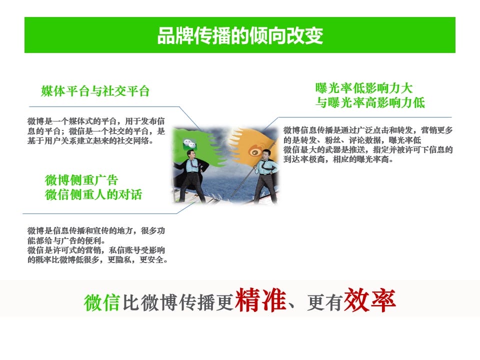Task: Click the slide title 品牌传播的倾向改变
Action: pos(240,35)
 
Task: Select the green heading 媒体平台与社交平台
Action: pos(95,91)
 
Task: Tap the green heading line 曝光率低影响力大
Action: pos(364,88)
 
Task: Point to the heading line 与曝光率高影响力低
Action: pos(370,102)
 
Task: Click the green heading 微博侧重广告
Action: pos(81,180)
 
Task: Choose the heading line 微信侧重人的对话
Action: pos(93,194)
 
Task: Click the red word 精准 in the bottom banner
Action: pos(260,300)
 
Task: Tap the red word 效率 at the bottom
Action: pos(370,300)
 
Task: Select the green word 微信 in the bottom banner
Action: pos(101,302)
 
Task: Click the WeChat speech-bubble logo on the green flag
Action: pos(190,143)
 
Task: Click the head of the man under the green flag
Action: pos(190,154)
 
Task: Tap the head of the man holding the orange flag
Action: pos(265,155)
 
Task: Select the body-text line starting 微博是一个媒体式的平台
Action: pos(96,121)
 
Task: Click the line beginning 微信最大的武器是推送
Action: pos(368,149)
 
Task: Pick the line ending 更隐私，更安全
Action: pos(97,260)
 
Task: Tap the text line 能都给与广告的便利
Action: pos(66,240)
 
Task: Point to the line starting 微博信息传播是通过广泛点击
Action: pos(368,130)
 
